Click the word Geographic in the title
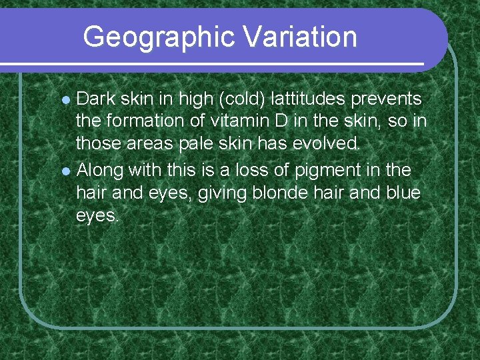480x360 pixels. [x=159, y=37]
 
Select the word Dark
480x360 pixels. [x=94, y=99]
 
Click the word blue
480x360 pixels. [x=402, y=193]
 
